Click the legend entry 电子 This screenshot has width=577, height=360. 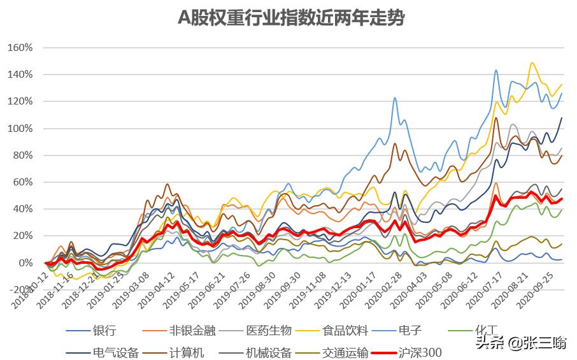[410, 330]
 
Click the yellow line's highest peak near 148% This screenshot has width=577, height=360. [531, 62]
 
